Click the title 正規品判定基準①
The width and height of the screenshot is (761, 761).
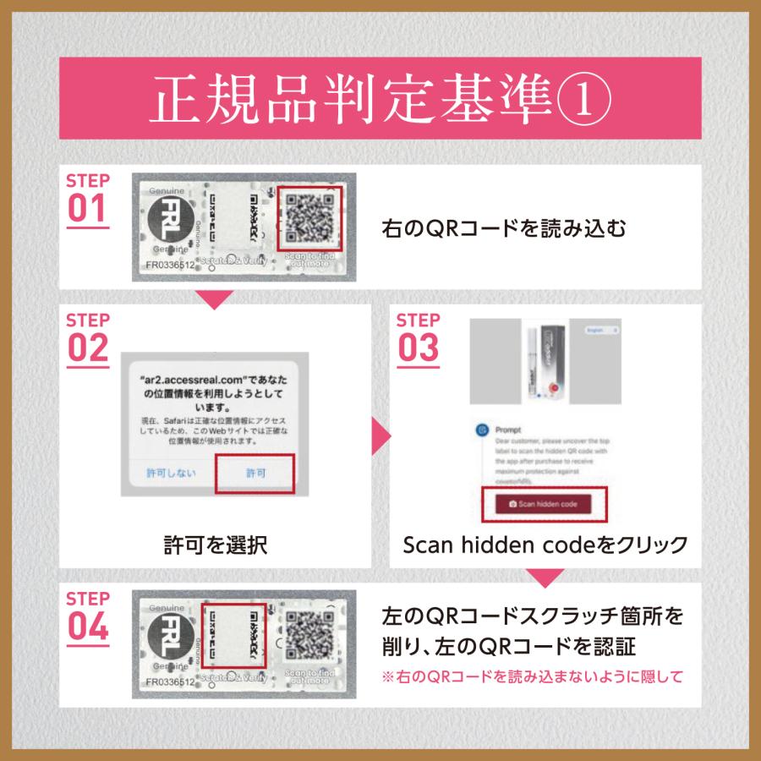pyautogui.click(x=380, y=99)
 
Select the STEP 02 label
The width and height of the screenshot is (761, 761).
pyautogui.click(x=88, y=338)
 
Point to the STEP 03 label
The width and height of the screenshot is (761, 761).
pyautogui.click(x=418, y=338)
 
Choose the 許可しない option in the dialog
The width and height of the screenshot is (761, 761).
pyautogui.click(x=170, y=474)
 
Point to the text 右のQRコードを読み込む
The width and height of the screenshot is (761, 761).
pyautogui.click(x=504, y=228)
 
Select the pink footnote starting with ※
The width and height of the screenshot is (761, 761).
pyautogui.click(x=532, y=676)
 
